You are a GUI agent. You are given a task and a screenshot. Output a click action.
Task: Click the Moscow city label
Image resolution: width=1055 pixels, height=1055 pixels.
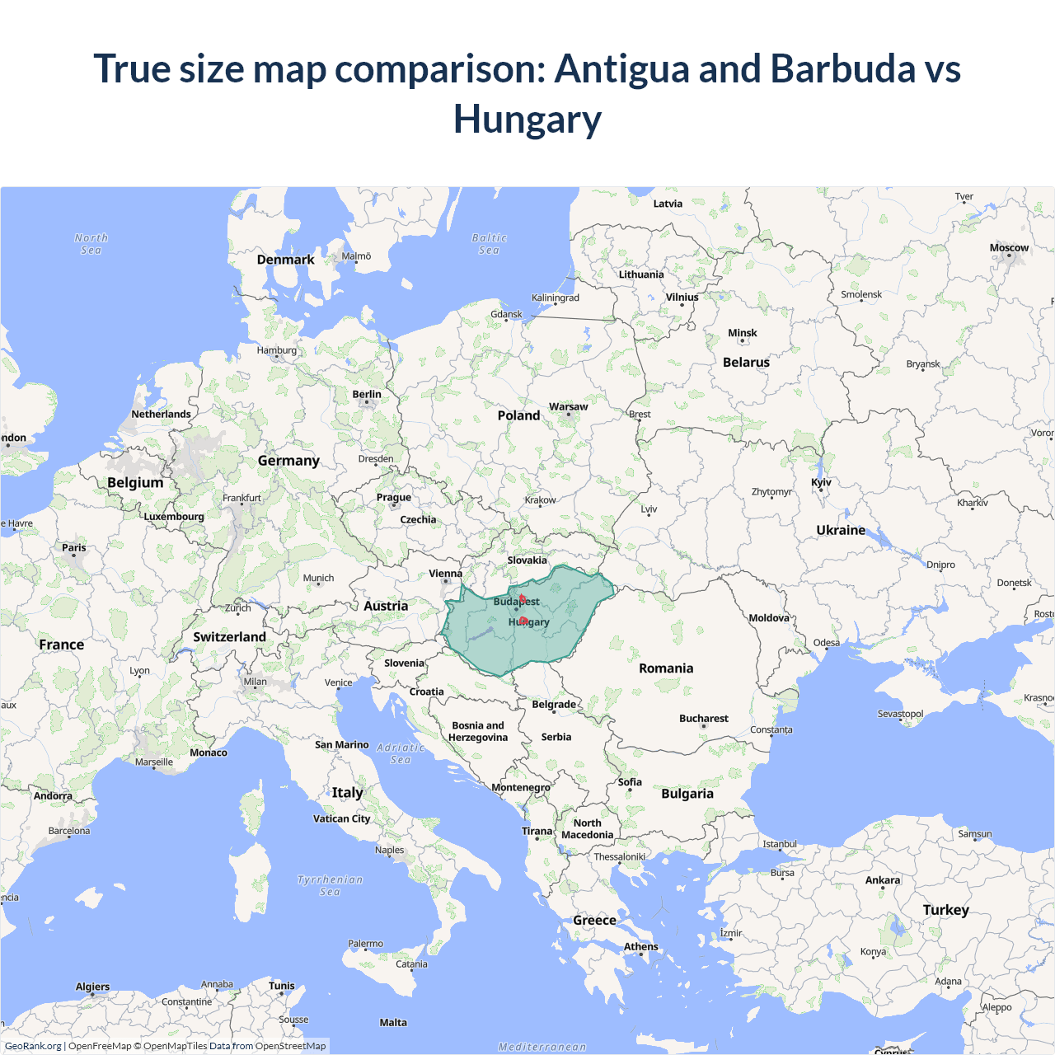pos(1009,247)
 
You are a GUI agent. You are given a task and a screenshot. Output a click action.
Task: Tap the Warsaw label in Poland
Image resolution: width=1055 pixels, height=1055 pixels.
pos(568,406)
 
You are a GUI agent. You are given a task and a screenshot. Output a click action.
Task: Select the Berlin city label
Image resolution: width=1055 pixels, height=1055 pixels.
pos(367,394)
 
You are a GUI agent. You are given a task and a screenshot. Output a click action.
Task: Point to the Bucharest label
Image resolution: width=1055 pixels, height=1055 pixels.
pos(703,719)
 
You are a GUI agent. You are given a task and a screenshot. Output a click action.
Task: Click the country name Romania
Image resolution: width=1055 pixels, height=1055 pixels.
pos(666,668)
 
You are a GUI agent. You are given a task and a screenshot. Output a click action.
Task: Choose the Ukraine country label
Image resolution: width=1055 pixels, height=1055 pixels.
pos(841,530)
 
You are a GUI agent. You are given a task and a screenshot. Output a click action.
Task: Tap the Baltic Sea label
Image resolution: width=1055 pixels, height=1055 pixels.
pos(489,244)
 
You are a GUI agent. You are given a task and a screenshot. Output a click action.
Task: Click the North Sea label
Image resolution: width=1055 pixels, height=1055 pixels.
pos(91,244)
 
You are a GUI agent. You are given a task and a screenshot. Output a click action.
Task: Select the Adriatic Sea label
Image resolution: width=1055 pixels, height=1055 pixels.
pos(401,753)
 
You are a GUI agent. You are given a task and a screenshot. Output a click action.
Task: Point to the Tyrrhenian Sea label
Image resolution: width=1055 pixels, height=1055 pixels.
pos(330,885)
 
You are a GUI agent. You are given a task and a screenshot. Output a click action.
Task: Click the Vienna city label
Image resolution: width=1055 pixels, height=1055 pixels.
pos(445,574)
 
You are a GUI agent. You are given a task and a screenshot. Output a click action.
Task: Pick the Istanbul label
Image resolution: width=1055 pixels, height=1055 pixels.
pos(780,844)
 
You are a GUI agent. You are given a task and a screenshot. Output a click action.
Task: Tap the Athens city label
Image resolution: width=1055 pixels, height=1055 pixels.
pos(640,946)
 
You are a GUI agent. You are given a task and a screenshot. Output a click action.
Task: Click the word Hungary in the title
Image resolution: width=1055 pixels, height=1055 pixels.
pos(527,119)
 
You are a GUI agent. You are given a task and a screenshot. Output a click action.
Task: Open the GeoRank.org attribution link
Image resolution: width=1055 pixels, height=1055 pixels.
pos(33,1046)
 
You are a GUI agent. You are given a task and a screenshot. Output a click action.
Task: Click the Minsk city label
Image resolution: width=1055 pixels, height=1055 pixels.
pos(742,333)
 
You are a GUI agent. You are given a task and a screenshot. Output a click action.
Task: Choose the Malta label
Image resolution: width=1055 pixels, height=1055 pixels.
pos(393,1023)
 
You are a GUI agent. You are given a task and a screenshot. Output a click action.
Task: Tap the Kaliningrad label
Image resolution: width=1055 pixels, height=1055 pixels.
pos(555,298)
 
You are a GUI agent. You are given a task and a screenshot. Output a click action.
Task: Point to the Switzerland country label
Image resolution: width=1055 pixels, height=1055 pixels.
pos(229,637)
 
